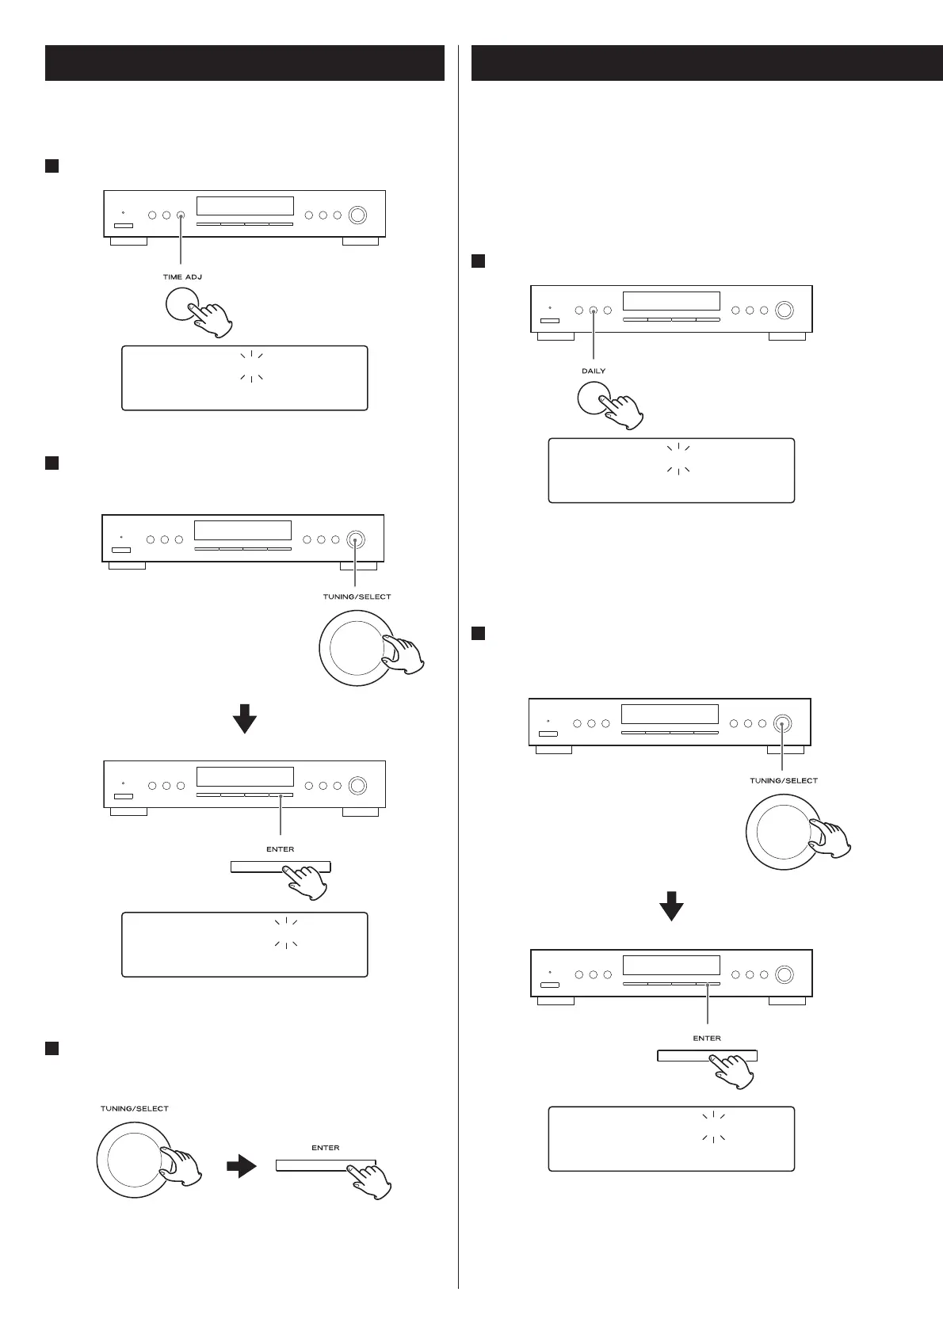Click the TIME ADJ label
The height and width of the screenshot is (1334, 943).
pos(182,277)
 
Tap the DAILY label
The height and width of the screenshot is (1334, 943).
pos(594,371)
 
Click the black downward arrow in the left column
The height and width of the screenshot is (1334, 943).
pos(245,718)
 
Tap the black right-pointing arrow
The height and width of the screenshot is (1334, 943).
pos(242,1166)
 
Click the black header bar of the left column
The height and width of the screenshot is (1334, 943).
pos(244,63)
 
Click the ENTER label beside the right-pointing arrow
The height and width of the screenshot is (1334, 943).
pos(326,1148)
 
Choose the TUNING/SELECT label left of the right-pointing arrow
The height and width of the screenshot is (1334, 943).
pos(135,1109)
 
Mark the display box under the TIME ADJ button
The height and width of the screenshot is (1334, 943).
pos(244,378)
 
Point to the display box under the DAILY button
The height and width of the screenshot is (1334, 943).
pos(671,470)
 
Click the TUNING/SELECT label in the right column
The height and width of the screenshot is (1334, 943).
pos(784,781)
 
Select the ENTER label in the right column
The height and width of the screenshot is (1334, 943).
pos(707,1038)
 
